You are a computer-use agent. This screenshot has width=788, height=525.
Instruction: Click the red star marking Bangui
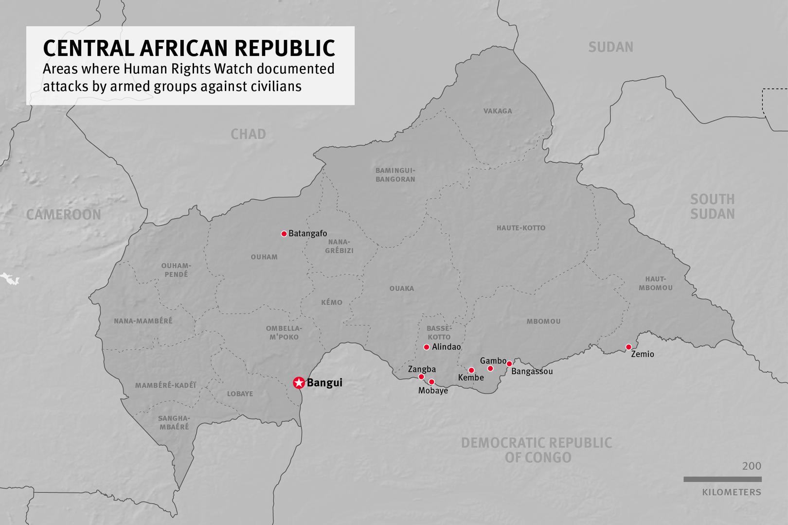299,383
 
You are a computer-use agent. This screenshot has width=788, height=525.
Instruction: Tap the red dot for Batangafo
284,234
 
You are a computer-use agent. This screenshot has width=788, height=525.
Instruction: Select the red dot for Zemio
628,347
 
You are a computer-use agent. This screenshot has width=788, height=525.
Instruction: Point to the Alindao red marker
427,347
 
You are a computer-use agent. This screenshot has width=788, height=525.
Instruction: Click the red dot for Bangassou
509,364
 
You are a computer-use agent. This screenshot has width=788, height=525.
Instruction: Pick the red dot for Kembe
471,370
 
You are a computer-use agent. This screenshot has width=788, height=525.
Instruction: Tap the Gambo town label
493,361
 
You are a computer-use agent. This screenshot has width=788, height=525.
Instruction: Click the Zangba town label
422,369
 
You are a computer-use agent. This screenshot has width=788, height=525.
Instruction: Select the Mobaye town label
433,390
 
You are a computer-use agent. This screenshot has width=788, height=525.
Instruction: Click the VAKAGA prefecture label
498,111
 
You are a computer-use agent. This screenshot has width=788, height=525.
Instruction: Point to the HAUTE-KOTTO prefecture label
521,228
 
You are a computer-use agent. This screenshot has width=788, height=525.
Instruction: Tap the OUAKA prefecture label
402,289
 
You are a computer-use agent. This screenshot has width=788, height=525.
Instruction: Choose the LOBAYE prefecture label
240,394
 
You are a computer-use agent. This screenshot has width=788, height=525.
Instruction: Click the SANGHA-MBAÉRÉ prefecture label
174,422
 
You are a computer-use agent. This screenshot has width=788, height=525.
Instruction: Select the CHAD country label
248,134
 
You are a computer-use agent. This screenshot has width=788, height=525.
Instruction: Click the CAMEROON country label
64,214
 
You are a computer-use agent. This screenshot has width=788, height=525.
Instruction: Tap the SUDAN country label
610,47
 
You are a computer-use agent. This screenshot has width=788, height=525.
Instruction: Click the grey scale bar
722,479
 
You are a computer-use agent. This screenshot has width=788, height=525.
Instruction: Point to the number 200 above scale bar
752,466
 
